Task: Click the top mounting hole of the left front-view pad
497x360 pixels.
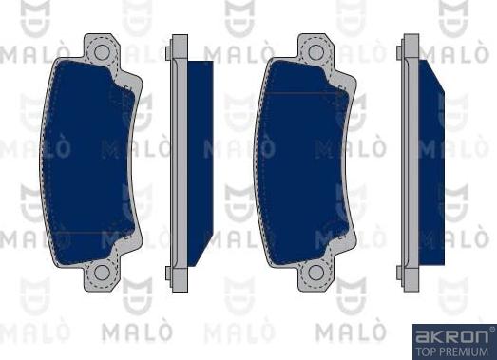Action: point(97,47)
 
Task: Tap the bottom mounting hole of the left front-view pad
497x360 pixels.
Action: point(97,277)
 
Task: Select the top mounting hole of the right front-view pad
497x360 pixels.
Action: point(312,47)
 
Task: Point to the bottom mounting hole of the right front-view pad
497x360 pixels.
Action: point(312,277)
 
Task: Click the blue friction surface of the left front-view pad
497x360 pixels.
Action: point(86,161)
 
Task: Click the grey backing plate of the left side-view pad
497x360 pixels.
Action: point(177,161)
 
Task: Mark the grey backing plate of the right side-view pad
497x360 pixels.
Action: point(411,161)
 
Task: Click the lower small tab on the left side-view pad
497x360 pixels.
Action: point(167,274)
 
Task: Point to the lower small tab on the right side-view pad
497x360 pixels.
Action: point(401,274)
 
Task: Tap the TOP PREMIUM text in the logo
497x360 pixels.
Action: point(453,350)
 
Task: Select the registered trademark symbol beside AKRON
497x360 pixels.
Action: point(489,329)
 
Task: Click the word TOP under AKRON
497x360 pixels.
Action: point(426,350)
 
